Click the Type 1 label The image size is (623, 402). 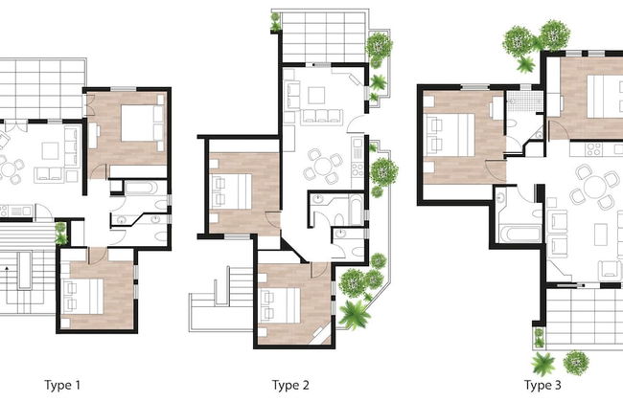[x=62, y=385]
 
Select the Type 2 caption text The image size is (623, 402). [x=290, y=386]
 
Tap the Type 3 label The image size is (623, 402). [x=542, y=386]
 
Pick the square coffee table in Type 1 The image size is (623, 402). [x=51, y=151]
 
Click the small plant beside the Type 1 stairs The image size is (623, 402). [x=60, y=234]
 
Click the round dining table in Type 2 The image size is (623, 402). [x=324, y=166]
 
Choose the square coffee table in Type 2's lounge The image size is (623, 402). [x=316, y=96]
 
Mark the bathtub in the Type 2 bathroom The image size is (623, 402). [x=357, y=210]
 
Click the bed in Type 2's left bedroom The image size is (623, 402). [x=231, y=191]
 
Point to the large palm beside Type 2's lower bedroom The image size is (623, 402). [x=354, y=314]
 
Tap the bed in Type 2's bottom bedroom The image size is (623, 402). [x=279, y=305]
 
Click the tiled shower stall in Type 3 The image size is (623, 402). [x=524, y=101]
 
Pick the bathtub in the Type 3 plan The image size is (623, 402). [x=520, y=233]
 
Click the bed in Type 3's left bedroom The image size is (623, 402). [x=450, y=135]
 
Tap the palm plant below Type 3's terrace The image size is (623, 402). [x=542, y=364]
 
